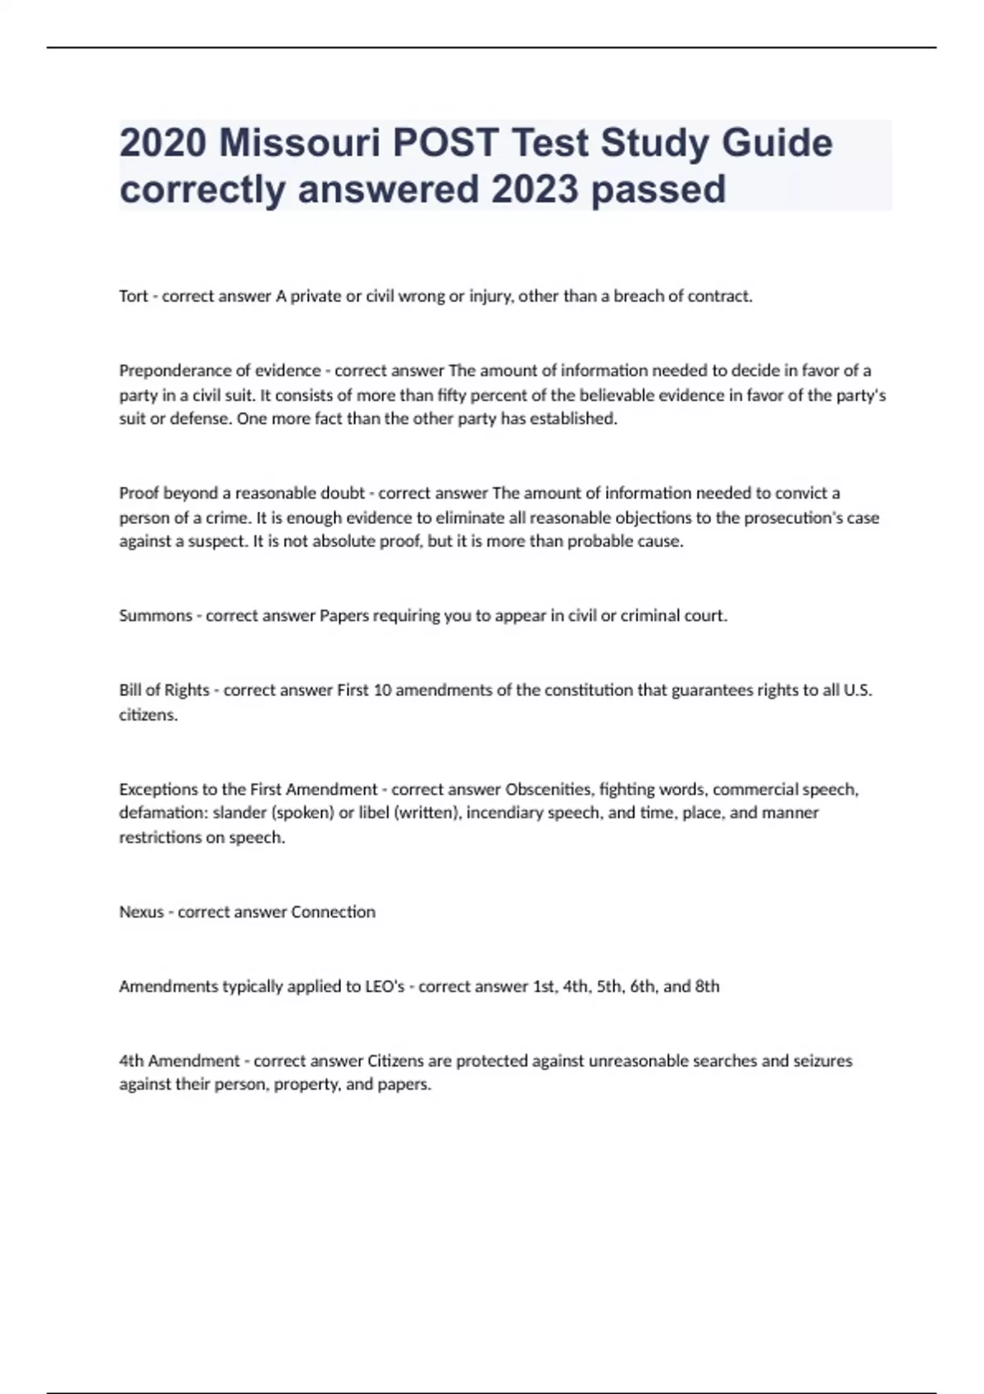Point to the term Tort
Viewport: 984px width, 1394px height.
pos(134,296)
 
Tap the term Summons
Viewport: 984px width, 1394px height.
pos(156,616)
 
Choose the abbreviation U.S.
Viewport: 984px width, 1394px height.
pos(858,690)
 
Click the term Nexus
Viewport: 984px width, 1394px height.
pos(142,912)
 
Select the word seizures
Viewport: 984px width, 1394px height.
pos(822,1061)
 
